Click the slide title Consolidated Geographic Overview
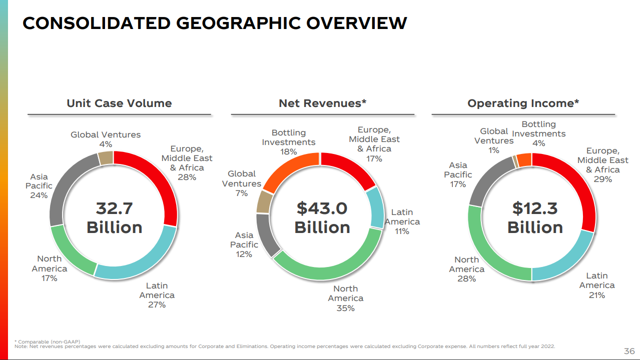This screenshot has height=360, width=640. click(x=215, y=23)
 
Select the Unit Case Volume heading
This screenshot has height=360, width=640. click(x=119, y=103)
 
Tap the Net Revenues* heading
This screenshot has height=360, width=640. click(x=323, y=103)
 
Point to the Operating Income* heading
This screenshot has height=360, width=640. click(x=523, y=103)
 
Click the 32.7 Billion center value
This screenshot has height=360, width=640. click(x=114, y=217)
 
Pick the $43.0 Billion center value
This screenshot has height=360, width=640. click(x=322, y=217)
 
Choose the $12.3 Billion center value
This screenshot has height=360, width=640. click(x=535, y=217)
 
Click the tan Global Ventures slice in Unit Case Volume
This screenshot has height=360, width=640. click(x=106, y=158)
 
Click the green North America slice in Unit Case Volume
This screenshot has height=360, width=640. click(x=70, y=250)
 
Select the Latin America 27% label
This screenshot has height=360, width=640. click(x=157, y=295)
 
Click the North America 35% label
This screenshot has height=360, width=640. click(x=345, y=298)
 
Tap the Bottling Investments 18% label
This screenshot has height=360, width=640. click(x=288, y=142)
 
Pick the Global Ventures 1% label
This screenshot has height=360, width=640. click(x=494, y=140)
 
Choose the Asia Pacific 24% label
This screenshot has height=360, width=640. click(x=39, y=186)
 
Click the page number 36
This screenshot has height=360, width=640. click(x=629, y=350)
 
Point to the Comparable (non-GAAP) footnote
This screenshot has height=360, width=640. click(x=48, y=341)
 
